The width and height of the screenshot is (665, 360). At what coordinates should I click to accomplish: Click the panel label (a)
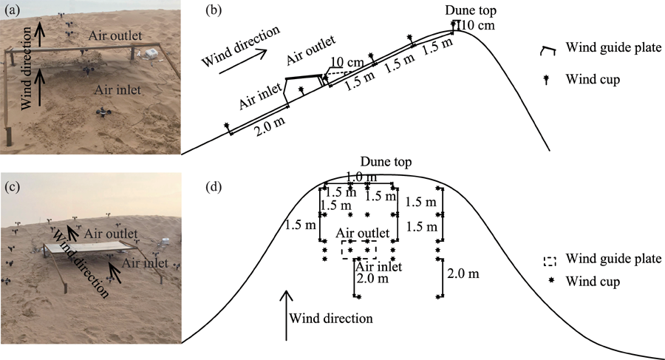[12, 10]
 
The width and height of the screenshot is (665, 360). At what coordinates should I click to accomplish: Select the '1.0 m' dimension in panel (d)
[359, 177]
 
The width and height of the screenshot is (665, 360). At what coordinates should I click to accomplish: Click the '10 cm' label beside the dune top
[477, 27]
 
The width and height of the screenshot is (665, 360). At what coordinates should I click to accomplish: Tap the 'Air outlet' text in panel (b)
[311, 45]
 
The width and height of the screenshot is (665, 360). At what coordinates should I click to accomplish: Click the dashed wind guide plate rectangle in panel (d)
[359, 248]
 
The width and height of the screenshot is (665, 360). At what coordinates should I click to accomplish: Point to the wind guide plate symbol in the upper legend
[550, 50]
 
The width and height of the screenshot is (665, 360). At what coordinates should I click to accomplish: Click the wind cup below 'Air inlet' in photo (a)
[103, 112]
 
